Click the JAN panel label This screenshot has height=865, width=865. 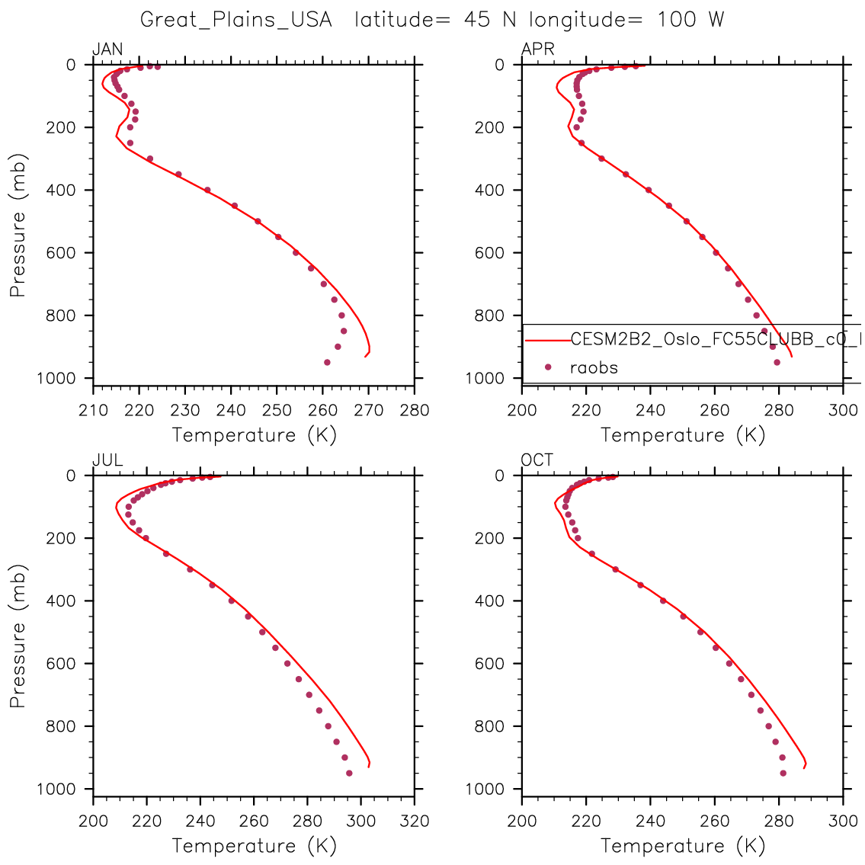[107, 50]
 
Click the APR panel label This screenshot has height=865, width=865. [537, 50]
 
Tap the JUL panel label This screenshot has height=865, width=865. [107, 460]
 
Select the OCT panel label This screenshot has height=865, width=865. [537, 460]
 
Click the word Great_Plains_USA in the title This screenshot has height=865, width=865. [236, 20]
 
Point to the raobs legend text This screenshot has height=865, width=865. [594, 367]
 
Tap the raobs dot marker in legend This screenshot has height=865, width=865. [548, 367]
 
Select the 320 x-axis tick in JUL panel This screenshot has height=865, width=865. [415, 821]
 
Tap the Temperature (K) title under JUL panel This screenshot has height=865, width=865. [254, 845]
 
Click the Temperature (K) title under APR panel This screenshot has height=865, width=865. [683, 435]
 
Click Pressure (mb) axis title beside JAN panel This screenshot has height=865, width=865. [18, 226]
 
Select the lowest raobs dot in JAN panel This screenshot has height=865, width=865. [327, 362]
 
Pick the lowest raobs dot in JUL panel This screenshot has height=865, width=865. [349, 773]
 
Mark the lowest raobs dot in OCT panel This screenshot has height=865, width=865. [783, 773]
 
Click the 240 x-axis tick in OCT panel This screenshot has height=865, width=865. [650, 821]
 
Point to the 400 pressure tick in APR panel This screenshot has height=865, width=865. [496, 191]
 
